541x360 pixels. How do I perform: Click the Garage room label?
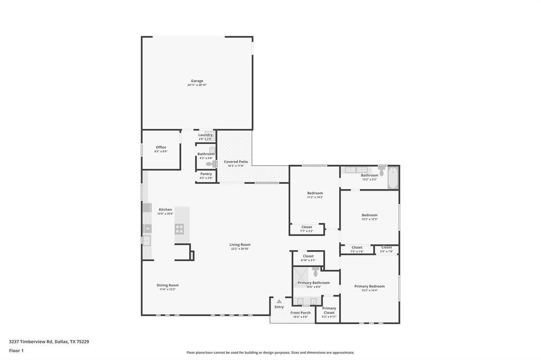[x=197, y=81]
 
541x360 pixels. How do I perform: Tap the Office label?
[x=161, y=147]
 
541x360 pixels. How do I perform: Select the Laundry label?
[x=206, y=135]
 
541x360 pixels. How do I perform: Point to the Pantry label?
[x=206, y=174]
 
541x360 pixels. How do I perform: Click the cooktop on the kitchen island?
[x=180, y=229]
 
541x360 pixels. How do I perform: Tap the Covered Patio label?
[x=236, y=162]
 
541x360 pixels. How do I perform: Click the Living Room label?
[x=240, y=244]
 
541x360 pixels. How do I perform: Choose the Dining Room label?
[x=167, y=285]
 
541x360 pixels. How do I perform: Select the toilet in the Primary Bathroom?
[x=315, y=271]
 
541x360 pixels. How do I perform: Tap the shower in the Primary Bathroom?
[x=302, y=275]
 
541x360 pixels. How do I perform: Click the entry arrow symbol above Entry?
[x=279, y=301]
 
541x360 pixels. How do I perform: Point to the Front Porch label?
[x=301, y=312]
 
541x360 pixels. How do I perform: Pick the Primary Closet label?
[x=329, y=310]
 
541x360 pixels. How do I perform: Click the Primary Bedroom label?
[x=369, y=286]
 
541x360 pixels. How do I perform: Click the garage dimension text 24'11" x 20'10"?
[x=197, y=85]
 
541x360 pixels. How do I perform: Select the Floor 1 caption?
[x=16, y=350]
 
